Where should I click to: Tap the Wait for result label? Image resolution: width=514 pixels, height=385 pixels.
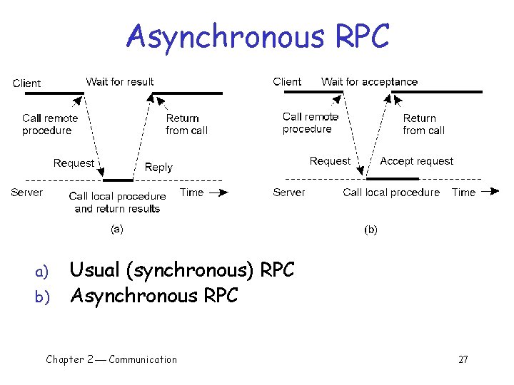click(119, 82)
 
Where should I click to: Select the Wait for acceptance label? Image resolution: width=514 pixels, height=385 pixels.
click(369, 82)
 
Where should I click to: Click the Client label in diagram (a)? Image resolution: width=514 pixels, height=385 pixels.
click(27, 83)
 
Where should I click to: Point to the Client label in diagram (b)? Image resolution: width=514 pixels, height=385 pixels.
click(287, 82)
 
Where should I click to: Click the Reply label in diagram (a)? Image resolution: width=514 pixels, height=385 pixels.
click(158, 168)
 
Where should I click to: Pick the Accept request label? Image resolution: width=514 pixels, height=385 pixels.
click(416, 161)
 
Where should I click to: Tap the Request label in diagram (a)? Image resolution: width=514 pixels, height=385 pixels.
click(74, 163)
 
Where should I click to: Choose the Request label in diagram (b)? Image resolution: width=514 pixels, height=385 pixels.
click(330, 161)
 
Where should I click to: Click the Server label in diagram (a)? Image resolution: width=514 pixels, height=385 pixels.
click(27, 192)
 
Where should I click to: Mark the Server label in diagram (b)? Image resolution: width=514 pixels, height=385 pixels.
click(289, 192)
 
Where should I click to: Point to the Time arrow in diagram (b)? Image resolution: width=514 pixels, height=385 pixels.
click(489, 192)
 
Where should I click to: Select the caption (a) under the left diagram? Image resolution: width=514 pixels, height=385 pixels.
click(116, 229)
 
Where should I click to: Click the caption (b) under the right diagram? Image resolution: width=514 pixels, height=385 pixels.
click(371, 230)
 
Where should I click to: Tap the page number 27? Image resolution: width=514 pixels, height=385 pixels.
click(463, 359)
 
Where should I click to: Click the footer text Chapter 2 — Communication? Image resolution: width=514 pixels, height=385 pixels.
click(111, 359)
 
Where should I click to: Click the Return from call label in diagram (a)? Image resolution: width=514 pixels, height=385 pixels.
click(186, 125)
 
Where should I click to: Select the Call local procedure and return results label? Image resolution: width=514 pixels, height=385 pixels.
click(117, 202)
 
